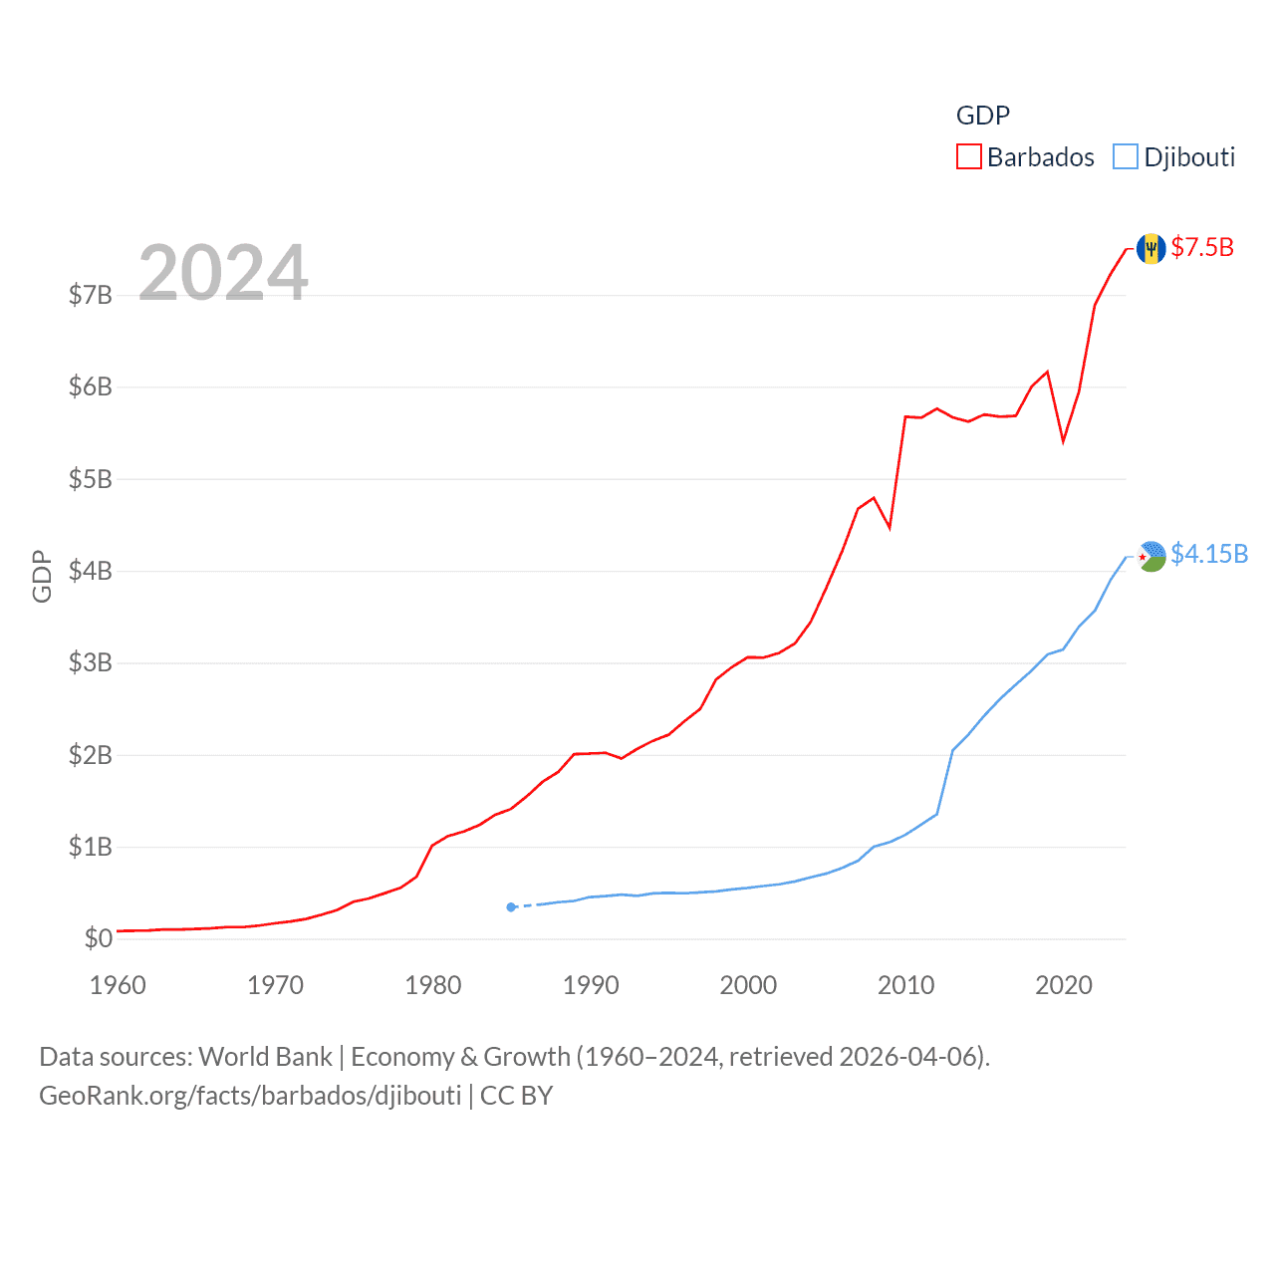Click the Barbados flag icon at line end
(x=1150, y=248)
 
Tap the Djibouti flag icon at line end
(x=1151, y=556)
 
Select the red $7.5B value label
(x=1202, y=247)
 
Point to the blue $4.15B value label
(x=1209, y=554)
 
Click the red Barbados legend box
(x=969, y=157)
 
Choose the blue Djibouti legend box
(x=1126, y=157)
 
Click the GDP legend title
(x=983, y=116)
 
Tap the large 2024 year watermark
(x=223, y=272)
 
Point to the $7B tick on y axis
(x=91, y=295)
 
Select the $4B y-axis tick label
(x=91, y=571)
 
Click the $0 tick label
(x=98, y=938)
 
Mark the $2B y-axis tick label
(x=91, y=755)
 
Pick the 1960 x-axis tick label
(x=118, y=985)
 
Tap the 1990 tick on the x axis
(x=591, y=985)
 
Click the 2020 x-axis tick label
(x=1064, y=985)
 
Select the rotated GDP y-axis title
(x=42, y=576)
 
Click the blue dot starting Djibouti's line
(x=511, y=907)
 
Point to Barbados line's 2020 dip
(x=1063, y=440)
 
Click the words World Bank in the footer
(x=266, y=1056)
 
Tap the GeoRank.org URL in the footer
(x=250, y=1096)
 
